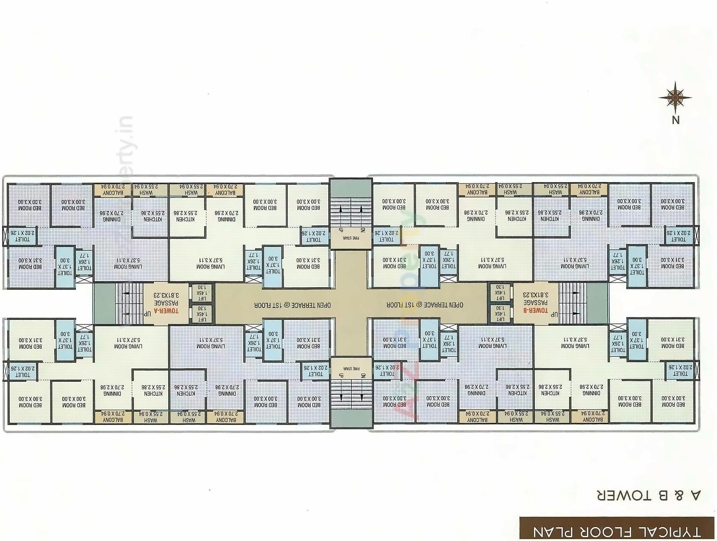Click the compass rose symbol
(x=675, y=97)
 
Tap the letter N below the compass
(x=675, y=120)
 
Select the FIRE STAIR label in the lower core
(x=351, y=368)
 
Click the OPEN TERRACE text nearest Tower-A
(x=292, y=305)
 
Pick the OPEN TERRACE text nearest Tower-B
(x=425, y=305)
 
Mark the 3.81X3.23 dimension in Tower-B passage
(x=535, y=295)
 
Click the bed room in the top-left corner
(x=29, y=205)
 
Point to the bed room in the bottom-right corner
(x=673, y=401)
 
